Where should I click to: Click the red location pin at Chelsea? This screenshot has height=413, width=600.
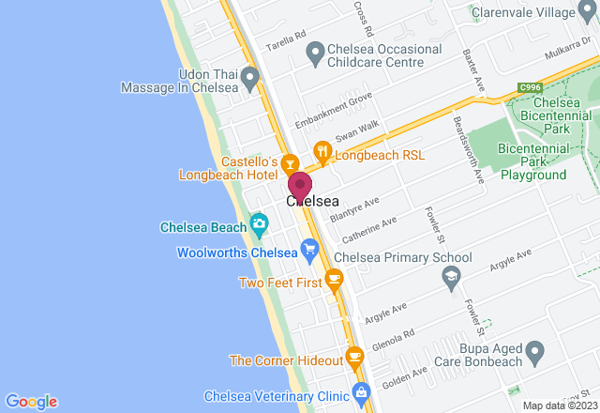point(299,184)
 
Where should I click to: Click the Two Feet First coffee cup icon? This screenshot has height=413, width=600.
point(334,280)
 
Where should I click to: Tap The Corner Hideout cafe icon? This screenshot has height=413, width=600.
point(354,357)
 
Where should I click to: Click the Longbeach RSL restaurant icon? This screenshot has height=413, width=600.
point(322,151)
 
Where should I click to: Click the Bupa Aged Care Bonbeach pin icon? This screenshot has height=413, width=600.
point(535,354)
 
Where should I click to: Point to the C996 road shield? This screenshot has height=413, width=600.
point(530,87)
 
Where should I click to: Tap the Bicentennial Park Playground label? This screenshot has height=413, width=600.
point(532,161)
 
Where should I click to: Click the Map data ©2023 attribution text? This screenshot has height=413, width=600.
point(560,405)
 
